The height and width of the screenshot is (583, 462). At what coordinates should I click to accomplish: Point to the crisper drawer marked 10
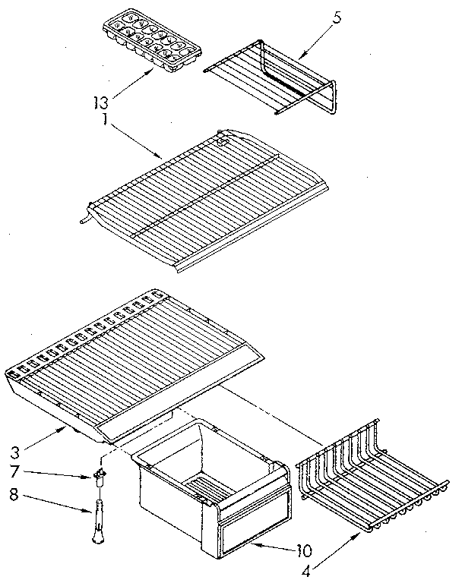213,486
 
